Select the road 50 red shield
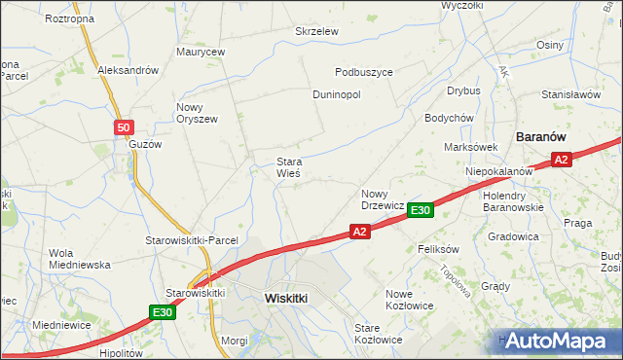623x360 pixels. (x=123, y=127)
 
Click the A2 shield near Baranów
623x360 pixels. (x=561, y=161)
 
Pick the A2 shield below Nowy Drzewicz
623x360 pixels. (x=359, y=232)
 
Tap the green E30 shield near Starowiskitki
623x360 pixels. (x=163, y=312)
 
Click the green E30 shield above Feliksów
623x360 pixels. (x=420, y=210)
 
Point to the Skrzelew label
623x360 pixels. (x=316, y=31)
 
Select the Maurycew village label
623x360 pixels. (x=201, y=52)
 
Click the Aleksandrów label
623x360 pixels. (x=128, y=71)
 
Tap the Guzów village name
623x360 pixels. (x=145, y=143)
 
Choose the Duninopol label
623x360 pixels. (x=337, y=95)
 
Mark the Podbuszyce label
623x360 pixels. (x=363, y=72)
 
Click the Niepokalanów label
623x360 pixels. (x=498, y=171)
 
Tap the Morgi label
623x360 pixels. (x=235, y=341)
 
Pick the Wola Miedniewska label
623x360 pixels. (x=80, y=259)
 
